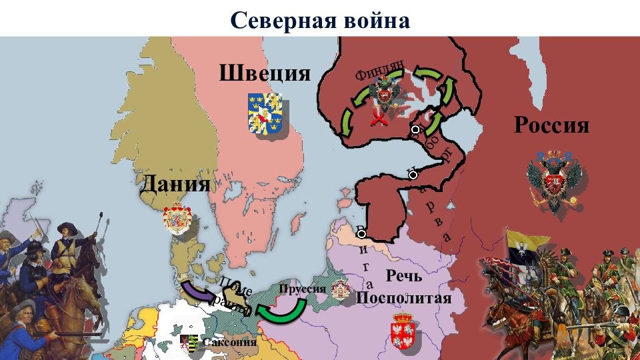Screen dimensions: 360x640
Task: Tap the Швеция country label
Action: pyautogui.click(x=265, y=73)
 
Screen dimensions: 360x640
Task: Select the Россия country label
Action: pyautogui.click(x=551, y=125)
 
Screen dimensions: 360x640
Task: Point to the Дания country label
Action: pyautogui.click(x=175, y=184)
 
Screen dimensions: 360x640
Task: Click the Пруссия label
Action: pyautogui.click(x=303, y=289)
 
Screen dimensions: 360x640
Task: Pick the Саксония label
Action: pyautogui.click(x=229, y=343)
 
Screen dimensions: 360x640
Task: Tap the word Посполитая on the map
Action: pyautogui.click(x=404, y=297)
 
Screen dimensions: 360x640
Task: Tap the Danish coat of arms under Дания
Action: pyautogui.click(x=177, y=219)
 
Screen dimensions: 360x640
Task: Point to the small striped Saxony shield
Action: pyautogui.click(x=191, y=343)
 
